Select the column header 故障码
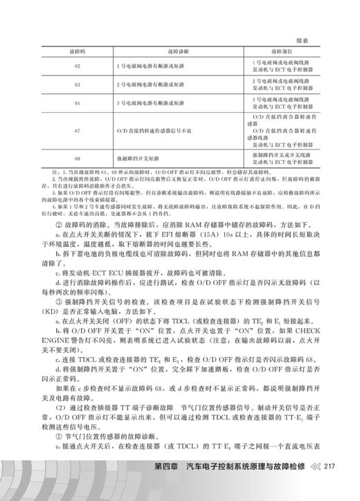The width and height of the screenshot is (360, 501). pos(77,51)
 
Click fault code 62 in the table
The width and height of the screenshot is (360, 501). pos(77,66)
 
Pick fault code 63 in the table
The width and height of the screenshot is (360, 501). pos(77,84)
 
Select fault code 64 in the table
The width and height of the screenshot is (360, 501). pos(77,103)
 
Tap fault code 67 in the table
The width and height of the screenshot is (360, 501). pos(77,130)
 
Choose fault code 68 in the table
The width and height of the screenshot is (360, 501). pos(77,157)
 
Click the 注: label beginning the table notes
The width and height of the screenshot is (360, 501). pos(46,170)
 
